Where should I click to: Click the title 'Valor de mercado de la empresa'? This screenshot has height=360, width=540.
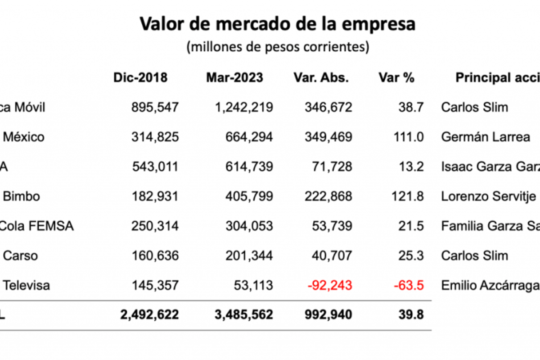point(277,24)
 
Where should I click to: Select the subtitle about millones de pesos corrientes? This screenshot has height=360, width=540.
point(278,47)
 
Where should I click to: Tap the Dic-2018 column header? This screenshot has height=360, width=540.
point(140,77)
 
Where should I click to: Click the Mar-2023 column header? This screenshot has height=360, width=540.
point(234,77)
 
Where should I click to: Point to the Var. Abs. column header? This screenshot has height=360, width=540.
point(321,77)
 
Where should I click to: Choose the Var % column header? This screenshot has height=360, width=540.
point(396,77)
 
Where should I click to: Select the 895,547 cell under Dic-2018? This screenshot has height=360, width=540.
point(155,108)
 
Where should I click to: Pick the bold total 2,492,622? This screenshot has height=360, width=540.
point(149,315)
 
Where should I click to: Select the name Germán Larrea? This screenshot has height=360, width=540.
point(486,137)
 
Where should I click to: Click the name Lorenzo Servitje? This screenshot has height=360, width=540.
point(489,196)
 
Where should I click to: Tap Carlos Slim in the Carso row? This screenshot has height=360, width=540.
point(474,256)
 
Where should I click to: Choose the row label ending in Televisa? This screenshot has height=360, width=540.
point(26,285)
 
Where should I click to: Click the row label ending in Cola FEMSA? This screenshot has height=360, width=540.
point(37,226)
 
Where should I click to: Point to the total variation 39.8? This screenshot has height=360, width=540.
point(411,315)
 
